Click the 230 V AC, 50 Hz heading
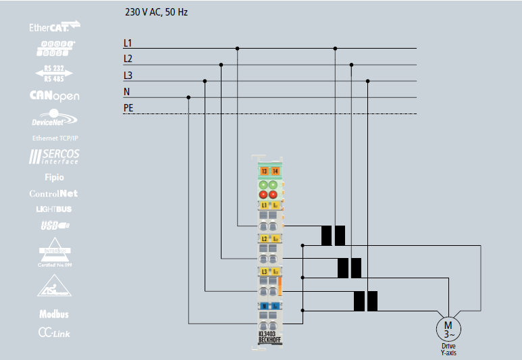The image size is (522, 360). [x=157, y=12]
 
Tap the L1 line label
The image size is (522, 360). [x=128, y=43]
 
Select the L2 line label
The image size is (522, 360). [x=128, y=59]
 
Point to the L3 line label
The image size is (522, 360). [x=128, y=76]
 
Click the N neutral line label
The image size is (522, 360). [x=126, y=92]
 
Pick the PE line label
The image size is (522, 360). [x=128, y=108]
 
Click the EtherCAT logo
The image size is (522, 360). [x=55, y=27]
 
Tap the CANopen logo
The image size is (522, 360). [x=55, y=96]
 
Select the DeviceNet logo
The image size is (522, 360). [x=55, y=120]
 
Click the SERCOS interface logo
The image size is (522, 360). [x=55, y=157]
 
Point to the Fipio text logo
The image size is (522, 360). [x=55, y=178]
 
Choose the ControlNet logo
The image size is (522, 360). [x=55, y=194]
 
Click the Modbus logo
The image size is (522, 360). [x=54, y=314]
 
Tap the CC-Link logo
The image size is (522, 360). [x=54, y=333]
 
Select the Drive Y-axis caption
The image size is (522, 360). [x=448, y=349]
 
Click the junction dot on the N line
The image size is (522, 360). [x=188, y=97]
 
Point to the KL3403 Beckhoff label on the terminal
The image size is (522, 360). [x=270, y=338]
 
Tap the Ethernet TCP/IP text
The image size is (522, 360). [x=55, y=138]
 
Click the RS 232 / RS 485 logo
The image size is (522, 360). [x=55, y=73]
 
